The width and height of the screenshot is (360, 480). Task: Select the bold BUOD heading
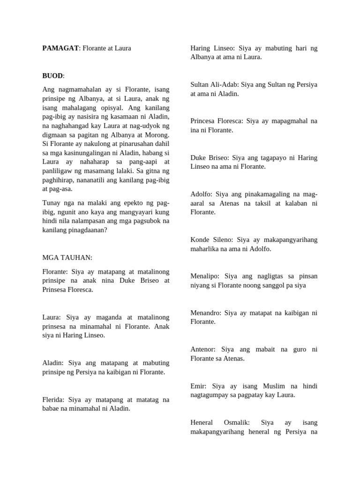tap(52, 75)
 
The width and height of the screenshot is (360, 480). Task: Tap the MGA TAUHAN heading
tap(67, 258)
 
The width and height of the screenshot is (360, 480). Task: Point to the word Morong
tap(157, 135)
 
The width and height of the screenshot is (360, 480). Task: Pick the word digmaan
tap(55, 135)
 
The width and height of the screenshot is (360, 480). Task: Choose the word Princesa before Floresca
tap(204, 121)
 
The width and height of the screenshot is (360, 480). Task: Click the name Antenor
tap(203, 349)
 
